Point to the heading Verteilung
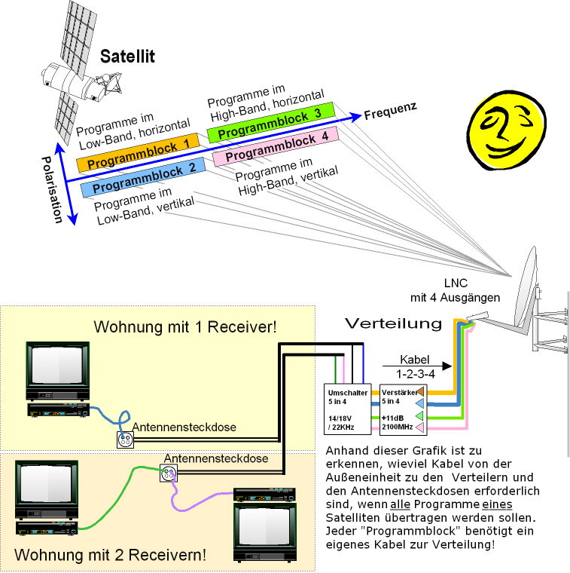[392, 323]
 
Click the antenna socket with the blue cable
[124, 439]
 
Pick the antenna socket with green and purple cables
[167, 473]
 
